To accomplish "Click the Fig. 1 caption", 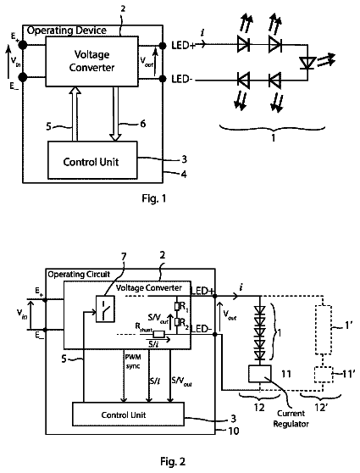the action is coord(154,198).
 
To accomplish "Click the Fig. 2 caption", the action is coord(173,461).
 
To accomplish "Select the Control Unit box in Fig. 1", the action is coord(92,160).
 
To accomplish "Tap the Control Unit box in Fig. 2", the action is coord(128,415).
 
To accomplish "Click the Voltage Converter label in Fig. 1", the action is coord(91,61).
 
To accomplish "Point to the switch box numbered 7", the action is coord(105,309).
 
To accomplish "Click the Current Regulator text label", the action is coord(291,419).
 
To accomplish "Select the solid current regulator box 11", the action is coord(259,374).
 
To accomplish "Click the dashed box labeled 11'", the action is coord(324,375).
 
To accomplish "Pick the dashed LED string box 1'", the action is coord(324,330).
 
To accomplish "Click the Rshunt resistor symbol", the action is coord(158,334).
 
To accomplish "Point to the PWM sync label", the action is coord(133,361).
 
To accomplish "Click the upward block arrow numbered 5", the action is coord(75,114).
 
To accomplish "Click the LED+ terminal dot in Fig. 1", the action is coord(163,46).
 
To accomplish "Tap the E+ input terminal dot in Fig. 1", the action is coord(23,45).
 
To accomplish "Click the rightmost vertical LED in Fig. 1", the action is coord(307,64).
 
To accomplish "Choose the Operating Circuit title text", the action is coord(79,274).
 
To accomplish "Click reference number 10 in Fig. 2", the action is coord(234,431).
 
